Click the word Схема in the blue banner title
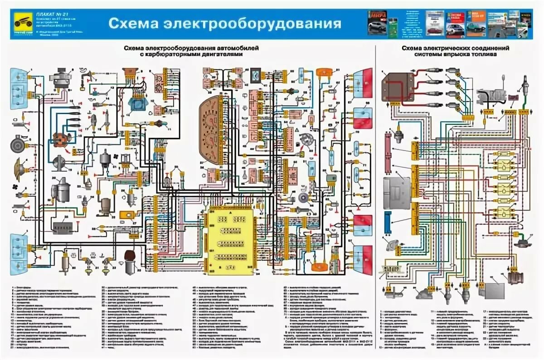click(131, 24)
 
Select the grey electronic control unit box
click(397, 193)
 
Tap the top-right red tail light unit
click(363, 82)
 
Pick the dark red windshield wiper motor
click(130, 257)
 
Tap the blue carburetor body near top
click(136, 104)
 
